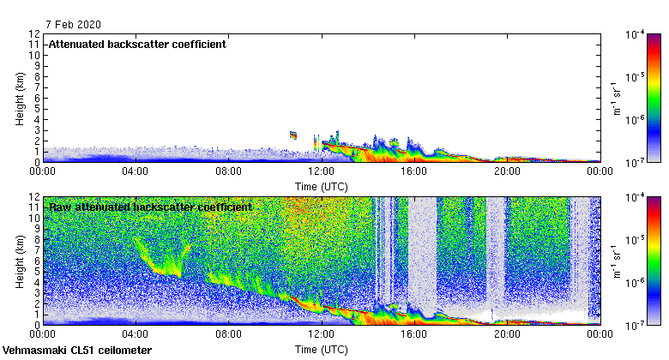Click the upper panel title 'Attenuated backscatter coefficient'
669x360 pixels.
point(137,44)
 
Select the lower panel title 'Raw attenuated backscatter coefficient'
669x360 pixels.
point(150,207)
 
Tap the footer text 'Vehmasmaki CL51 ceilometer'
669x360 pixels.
point(77,351)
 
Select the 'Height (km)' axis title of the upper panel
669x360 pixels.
point(20,98)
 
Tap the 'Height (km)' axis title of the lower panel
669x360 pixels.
point(20,261)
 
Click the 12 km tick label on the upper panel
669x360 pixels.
point(33,34)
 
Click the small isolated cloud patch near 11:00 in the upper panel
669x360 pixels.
point(293,135)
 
